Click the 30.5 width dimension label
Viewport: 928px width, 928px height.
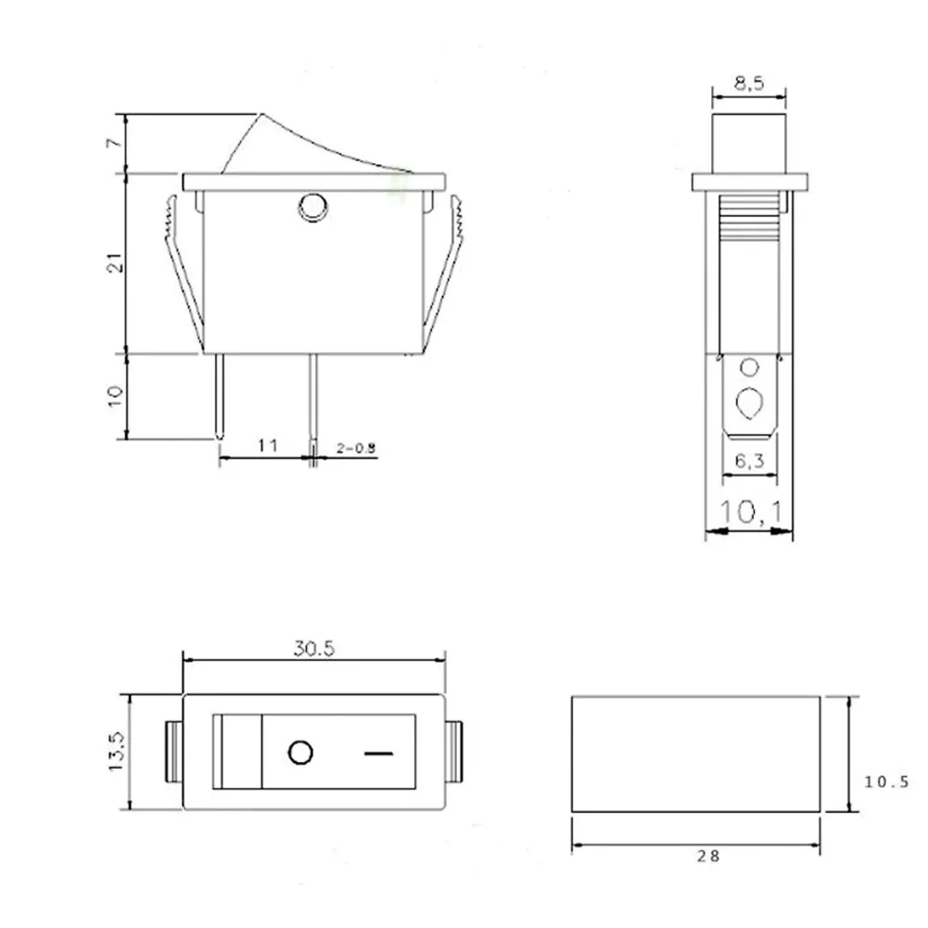pos(314,649)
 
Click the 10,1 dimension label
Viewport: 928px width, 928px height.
pos(749,511)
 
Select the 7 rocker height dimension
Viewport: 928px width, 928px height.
pos(112,144)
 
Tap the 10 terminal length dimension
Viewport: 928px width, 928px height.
pos(114,394)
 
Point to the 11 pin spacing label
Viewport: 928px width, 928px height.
pos(267,446)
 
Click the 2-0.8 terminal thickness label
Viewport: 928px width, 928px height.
pos(357,448)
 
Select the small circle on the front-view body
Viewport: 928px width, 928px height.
pos(312,205)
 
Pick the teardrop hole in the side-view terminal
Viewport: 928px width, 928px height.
pos(749,403)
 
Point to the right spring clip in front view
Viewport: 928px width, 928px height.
pos(447,269)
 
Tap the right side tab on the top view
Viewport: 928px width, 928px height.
pos(454,752)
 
